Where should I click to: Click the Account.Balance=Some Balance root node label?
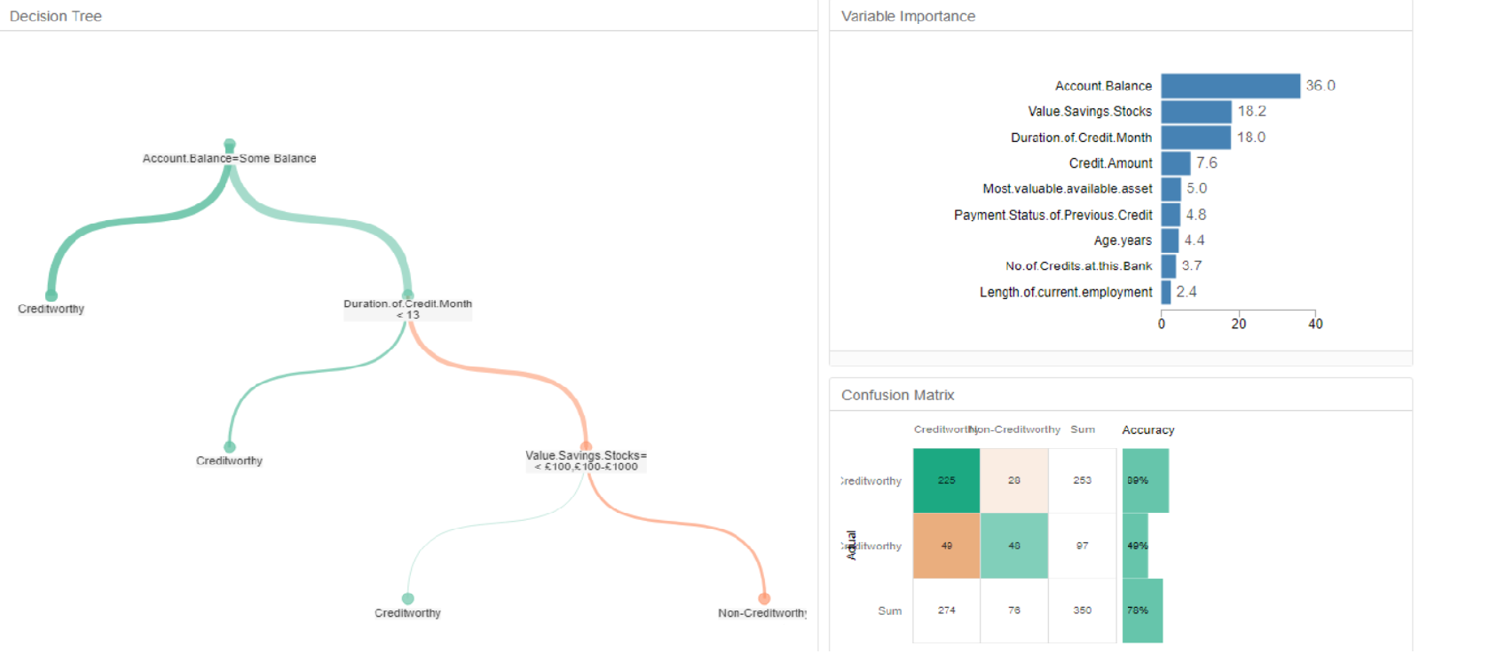coord(229,158)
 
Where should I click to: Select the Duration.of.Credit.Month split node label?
coord(407,304)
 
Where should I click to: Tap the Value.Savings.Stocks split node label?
coord(586,456)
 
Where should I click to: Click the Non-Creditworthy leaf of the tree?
coord(762,612)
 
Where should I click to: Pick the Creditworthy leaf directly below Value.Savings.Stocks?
coord(407,612)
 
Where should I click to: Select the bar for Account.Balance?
coord(1230,86)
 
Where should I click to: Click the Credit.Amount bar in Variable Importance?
coord(1176,163)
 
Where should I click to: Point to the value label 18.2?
coord(1251,112)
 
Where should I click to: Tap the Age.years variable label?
coord(1123,240)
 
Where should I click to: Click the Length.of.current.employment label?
coord(1066,292)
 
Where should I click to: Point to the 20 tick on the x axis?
coord(1238,324)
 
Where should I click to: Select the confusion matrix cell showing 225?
coord(946,480)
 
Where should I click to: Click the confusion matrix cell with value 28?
coord(1013,480)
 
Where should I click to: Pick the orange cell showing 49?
coord(946,546)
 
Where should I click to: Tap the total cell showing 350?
coord(1082,611)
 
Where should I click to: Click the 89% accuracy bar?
coord(1145,480)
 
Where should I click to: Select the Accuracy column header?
coord(1147,430)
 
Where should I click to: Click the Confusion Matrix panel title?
coord(897,395)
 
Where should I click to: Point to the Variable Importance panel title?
coord(908,16)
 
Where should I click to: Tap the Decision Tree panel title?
coord(56,16)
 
